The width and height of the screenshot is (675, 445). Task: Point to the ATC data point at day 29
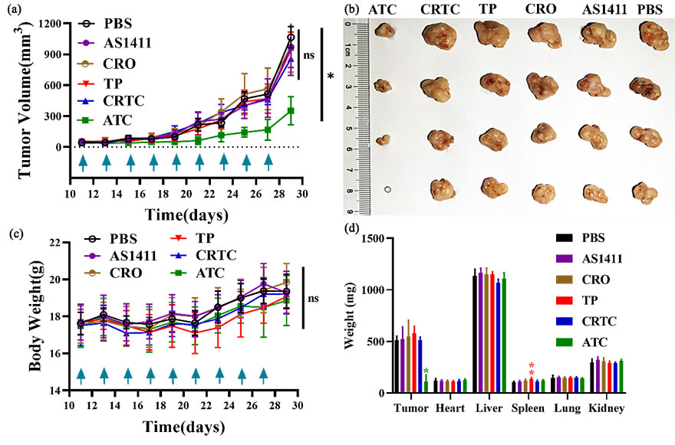pos(291,111)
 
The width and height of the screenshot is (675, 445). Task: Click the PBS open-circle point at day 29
pos(291,38)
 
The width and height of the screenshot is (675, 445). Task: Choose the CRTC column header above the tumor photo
pos(436,8)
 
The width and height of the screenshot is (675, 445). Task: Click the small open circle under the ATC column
pos(388,189)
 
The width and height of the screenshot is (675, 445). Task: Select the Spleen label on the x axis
pos(528,407)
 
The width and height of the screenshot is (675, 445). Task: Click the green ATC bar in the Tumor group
pos(426,387)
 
